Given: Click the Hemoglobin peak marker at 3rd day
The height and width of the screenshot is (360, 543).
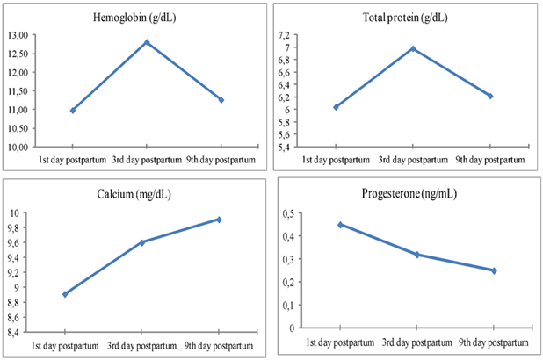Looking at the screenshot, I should pos(147,42).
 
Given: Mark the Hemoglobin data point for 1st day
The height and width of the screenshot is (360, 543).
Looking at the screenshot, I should pos(73,110).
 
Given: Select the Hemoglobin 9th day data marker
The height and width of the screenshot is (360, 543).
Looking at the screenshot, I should pos(221,100).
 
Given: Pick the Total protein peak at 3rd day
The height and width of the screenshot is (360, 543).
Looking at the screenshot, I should pos(413,48).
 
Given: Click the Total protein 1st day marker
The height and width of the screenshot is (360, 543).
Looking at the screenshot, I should pos(336,107).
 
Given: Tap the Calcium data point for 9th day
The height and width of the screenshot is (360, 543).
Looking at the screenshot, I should pos(219,220).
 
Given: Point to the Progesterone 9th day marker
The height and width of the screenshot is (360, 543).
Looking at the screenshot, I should pos(494,270).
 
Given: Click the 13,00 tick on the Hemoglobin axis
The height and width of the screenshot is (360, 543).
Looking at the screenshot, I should pos(40,34).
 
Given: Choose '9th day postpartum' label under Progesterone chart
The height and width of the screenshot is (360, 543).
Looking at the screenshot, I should pos(494,339).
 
